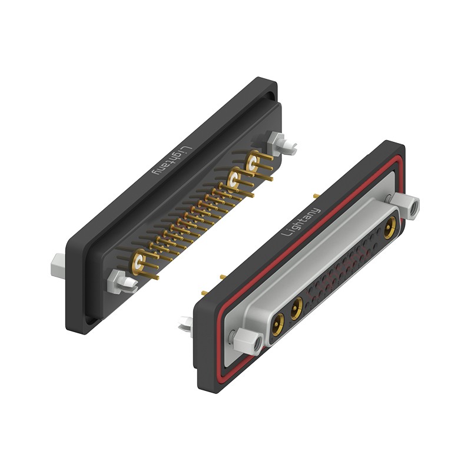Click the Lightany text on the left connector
coord(173,161)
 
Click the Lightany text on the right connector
coord(301,222)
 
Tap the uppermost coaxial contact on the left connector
coord(253,161)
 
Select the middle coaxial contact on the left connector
coord(234,180)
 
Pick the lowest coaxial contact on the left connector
coord(138,261)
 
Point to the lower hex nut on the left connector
coord(114,281)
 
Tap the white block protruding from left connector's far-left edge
coord(58,266)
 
